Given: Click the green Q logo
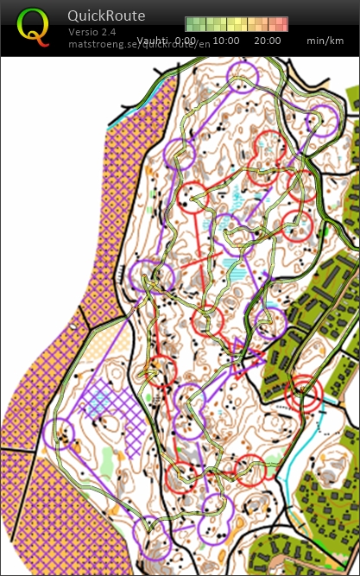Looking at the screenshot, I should pyautogui.click(x=33, y=26).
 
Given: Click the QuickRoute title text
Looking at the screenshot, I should pyautogui.click(x=106, y=16).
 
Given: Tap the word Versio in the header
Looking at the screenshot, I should pyautogui.click(x=84, y=32).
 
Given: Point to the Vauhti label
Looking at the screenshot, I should pyautogui.click(x=153, y=41).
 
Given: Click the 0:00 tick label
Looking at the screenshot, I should pyautogui.click(x=185, y=41).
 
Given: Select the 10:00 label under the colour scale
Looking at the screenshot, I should pyautogui.click(x=226, y=41).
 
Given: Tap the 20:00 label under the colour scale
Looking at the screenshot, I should pyautogui.click(x=268, y=41).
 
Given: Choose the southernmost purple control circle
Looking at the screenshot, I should pyautogui.click(x=151, y=532).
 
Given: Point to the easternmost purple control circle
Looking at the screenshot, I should pyautogui.click(x=324, y=122).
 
